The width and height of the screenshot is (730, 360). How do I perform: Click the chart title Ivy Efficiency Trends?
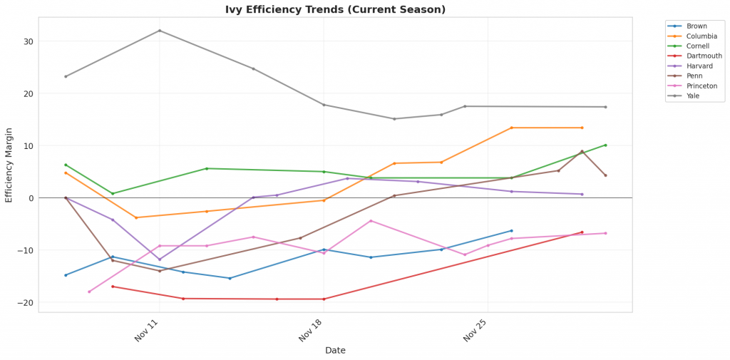point(335,10)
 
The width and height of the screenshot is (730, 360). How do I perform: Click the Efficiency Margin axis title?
point(9,165)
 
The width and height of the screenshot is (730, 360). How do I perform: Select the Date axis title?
point(335,351)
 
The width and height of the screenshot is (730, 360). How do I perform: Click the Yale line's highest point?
point(159,31)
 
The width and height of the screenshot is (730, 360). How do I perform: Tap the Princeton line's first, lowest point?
point(89,292)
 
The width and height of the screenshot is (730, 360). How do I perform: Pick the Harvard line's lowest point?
point(159,259)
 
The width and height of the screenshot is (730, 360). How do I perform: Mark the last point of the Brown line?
point(511,230)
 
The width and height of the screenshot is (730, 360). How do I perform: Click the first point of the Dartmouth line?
point(113,287)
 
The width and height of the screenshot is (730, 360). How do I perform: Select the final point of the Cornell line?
point(605,145)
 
